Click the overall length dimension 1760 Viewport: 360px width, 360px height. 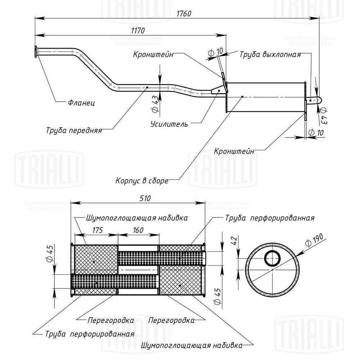click(x=184, y=13)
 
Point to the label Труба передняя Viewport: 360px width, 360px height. click(x=74, y=130)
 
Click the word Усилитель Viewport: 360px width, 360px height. click(x=169, y=124)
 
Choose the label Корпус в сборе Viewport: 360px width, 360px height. click(x=142, y=180)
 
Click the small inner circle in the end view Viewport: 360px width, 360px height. click(x=273, y=258)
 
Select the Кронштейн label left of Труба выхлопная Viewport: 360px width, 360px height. click(x=153, y=55)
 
